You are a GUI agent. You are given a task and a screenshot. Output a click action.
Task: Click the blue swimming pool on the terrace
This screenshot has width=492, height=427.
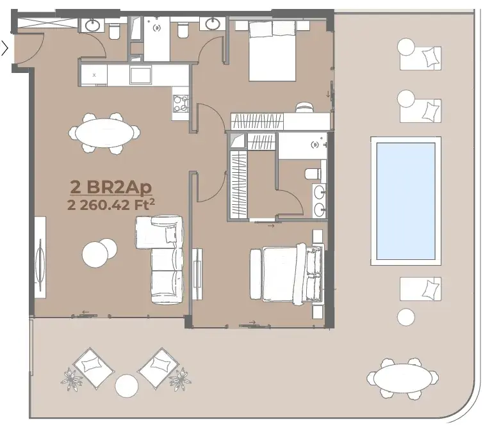[406, 201]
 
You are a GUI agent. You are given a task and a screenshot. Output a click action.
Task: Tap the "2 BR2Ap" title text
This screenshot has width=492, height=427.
[111, 187]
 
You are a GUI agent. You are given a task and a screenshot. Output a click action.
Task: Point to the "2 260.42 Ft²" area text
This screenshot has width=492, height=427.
[111, 205]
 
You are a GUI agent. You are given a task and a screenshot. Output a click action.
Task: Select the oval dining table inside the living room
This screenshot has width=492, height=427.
[104, 133]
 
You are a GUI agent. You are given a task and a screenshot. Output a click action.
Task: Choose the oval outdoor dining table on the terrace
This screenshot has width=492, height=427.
[402, 378]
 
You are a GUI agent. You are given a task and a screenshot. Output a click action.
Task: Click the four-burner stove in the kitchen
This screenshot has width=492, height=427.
[181, 104]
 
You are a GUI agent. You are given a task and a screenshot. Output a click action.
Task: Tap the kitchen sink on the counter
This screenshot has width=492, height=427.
[140, 76]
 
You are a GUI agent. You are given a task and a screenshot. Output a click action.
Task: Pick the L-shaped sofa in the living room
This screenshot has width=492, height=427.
[160, 259]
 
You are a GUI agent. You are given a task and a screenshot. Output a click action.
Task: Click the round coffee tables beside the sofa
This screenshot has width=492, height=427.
[99, 251]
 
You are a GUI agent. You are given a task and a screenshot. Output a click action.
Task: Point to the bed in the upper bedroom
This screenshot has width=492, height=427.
[272, 50]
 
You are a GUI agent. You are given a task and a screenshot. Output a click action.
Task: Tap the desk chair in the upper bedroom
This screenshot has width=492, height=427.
[304, 107]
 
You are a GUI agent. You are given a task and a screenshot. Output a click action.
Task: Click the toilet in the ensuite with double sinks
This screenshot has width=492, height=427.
[313, 173]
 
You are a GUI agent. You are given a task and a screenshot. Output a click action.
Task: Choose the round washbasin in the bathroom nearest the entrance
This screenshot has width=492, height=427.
[93, 25]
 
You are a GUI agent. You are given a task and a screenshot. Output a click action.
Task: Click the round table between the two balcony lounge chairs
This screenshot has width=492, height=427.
[126, 386]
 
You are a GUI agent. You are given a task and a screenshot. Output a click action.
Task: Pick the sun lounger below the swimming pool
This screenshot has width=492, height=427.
[420, 289]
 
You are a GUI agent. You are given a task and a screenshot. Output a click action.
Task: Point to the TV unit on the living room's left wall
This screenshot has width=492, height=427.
[40, 257]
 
